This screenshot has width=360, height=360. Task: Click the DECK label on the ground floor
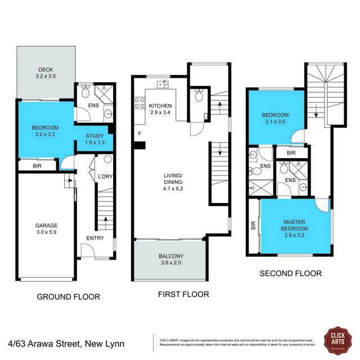click(x=46, y=72)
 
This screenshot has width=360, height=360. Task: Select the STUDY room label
click(x=94, y=139)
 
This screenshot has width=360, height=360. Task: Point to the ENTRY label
click(x=95, y=238)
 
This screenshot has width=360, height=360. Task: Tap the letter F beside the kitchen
click(x=139, y=134)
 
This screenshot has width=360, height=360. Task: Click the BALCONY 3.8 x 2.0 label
click(x=170, y=260)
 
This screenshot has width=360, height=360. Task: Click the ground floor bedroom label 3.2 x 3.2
click(x=46, y=132)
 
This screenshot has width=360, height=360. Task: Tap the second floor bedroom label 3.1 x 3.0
click(x=275, y=118)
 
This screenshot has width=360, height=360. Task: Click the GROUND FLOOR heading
click(x=68, y=297)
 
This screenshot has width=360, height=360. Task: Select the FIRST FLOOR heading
click(x=183, y=294)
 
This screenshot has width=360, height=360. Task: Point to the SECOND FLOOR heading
click(x=290, y=274)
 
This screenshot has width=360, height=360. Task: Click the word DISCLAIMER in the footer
click(x=169, y=340)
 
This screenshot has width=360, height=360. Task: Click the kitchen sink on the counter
click(x=163, y=85)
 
